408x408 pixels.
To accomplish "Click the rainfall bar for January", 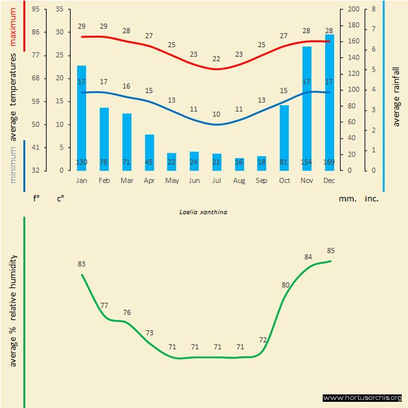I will coord(82,117).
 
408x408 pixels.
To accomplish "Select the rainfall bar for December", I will coord(329,102).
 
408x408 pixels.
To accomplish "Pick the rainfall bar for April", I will coord(150,152).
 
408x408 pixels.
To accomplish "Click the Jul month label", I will coord(216,181).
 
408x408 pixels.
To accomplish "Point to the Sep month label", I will coord(261,181).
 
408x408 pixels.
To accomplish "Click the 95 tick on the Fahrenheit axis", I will coord(36,9).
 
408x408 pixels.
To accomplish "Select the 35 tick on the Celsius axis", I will coord(59,9).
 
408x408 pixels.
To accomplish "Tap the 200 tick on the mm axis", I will coord(354,9).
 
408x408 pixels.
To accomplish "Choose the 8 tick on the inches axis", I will coord(373,9).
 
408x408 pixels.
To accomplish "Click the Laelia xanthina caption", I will coord(204,211).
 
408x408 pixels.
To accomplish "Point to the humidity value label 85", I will coord(331,251).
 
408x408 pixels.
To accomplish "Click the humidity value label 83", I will coord(82,264).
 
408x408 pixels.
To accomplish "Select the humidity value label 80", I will coord(286,285).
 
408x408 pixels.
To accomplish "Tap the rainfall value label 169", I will coord(329,163).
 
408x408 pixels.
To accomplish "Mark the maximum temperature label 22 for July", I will coord(216,59).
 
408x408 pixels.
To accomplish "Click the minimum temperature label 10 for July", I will coord(216,114).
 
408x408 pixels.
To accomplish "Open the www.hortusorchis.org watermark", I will coord(363,397).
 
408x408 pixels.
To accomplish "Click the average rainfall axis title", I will coord(396,96).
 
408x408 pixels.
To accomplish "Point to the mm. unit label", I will coord(346,199).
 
